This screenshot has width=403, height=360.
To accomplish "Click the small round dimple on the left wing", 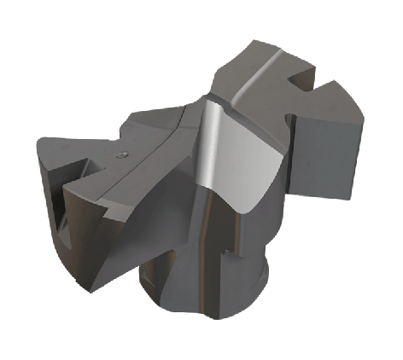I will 123,154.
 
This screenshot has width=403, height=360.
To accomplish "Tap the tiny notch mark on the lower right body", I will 225,250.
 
